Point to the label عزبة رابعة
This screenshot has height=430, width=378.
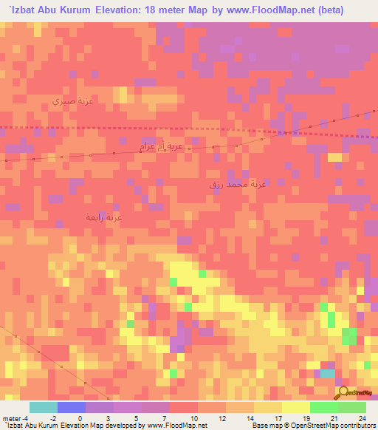(103, 217)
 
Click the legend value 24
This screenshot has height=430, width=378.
(362, 418)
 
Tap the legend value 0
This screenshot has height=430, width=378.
(80, 418)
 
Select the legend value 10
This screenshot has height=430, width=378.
(193, 418)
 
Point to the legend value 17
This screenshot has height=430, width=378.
(278, 418)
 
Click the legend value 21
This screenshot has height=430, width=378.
(334, 418)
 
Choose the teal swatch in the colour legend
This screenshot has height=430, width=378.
(44, 407)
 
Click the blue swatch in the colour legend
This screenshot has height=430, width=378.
(72, 407)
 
